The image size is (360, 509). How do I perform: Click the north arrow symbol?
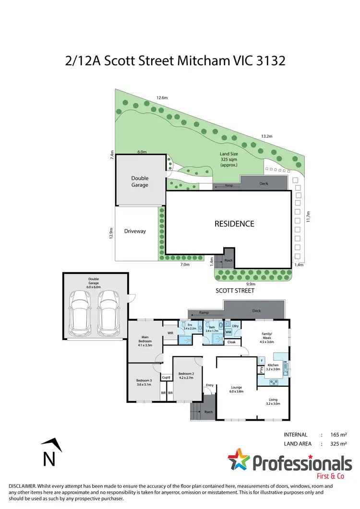48,452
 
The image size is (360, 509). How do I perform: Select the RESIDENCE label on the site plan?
234,224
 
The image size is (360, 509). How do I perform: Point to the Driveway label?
135,231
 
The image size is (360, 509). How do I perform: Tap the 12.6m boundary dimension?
162,98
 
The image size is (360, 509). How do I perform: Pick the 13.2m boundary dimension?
267,136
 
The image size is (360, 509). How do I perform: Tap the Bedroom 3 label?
144,382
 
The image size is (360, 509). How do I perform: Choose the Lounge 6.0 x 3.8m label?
236,389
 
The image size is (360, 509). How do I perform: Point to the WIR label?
170,332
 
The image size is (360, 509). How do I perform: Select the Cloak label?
231,342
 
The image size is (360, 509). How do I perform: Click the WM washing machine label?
228,331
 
